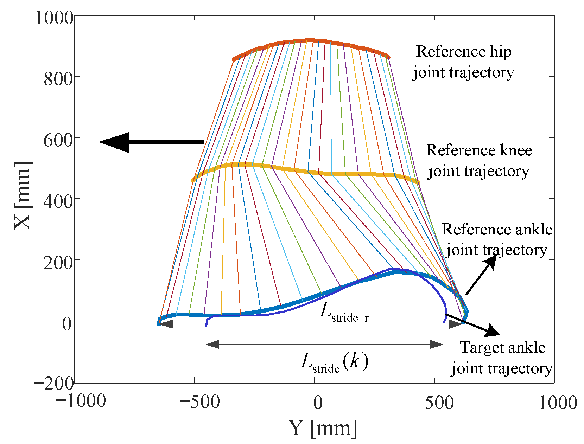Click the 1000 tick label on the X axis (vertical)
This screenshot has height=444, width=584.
(x=54, y=18)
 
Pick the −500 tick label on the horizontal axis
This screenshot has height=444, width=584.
(x=199, y=402)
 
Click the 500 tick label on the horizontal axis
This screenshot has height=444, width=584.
(x=439, y=402)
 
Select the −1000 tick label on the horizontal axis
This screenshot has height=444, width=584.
(x=81, y=401)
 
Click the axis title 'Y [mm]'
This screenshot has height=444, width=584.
(x=323, y=428)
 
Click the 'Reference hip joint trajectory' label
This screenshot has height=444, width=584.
(x=464, y=62)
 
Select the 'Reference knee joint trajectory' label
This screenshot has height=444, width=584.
(x=478, y=161)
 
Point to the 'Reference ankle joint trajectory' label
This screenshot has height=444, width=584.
(x=497, y=239)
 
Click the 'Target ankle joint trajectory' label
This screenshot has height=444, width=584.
(x=502, y=358)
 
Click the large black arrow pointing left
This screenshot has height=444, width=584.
(x=151, y=142)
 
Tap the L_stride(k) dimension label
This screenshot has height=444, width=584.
(x=334, y=362)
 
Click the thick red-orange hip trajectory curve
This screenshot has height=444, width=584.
(x=310, y=41)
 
